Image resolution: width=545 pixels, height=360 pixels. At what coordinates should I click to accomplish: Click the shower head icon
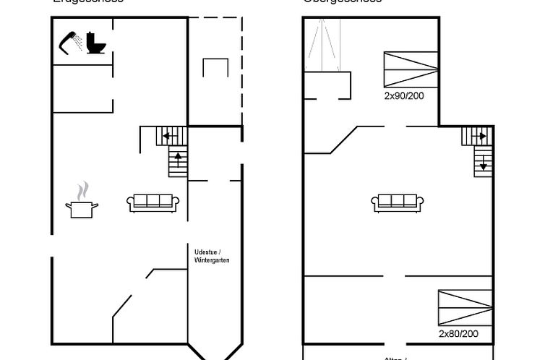tap(69, 41)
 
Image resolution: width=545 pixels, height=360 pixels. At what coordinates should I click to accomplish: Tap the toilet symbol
tap(96, 43)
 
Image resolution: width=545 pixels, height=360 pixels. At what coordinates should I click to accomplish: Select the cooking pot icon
tap(82, 208)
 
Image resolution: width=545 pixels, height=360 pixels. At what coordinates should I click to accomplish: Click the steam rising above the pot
tap(83, 190)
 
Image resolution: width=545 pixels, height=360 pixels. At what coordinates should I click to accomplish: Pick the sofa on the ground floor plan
tap(153, 203)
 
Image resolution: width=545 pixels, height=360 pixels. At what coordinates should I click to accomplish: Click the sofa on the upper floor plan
tap(398, 203)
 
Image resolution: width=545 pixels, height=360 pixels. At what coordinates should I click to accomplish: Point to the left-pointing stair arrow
tap(168, 135)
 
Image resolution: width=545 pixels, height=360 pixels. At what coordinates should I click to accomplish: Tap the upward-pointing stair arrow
tap(178, 157)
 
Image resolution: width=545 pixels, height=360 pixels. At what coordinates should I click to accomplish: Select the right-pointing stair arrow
tap(479, 135)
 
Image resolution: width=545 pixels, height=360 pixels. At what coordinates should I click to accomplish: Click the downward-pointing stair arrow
tap(483, 162)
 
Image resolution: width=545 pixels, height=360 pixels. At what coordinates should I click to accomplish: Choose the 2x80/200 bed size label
tap(458, 334)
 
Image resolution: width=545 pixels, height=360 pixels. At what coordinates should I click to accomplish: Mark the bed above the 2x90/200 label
tap(411, 70)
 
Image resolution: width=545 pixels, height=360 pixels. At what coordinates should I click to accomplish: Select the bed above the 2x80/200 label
tap(465, 307)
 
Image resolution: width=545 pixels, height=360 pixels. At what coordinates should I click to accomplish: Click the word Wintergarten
tap(212, 260)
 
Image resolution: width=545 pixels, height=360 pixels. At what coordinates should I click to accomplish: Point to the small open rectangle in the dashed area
tap(215, 67)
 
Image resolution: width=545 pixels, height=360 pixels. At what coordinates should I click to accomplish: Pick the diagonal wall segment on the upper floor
tap(343, 140)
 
